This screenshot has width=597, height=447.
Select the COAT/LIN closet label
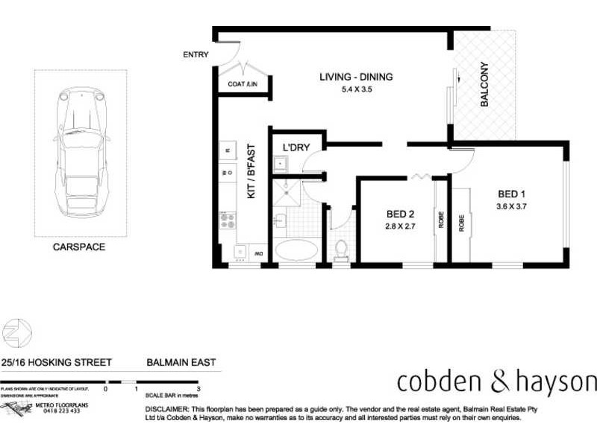tap(243, 84)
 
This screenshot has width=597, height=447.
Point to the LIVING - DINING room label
tap(356, 77)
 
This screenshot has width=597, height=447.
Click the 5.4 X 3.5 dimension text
tap(356, 89)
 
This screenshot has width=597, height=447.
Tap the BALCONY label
tap(484, 84)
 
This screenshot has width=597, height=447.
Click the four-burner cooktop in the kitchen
tap(227, 221)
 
